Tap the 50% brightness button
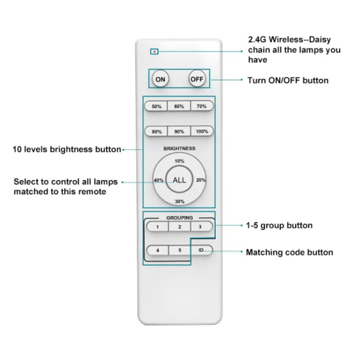point(156,106)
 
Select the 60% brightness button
point(179,106)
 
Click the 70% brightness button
point(202,106)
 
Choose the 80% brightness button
point(156,131)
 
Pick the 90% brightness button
point(179,131)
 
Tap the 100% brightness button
point(202,131)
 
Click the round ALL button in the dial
point(179,180)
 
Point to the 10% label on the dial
point(179,160)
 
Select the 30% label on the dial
point(179,201)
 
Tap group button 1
point(157,226)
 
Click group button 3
point(202,226)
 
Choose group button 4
point(157,250)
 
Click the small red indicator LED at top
point(154,50)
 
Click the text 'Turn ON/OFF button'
point(287,81)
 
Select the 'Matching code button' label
point(289,252)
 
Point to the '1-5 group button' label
point(279,225)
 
